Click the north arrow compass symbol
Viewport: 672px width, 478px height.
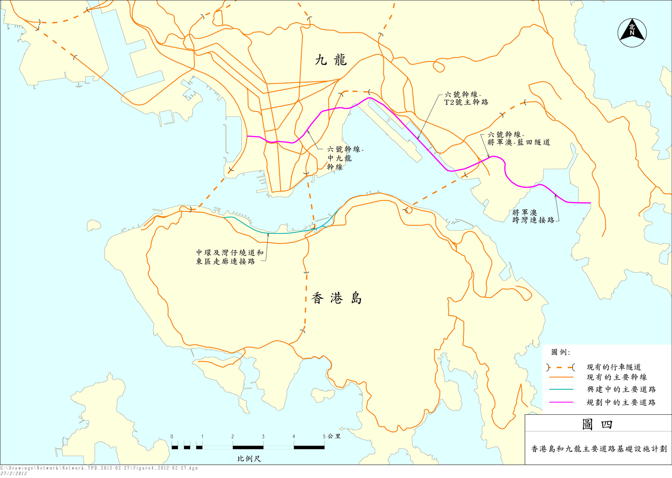coord(632,33)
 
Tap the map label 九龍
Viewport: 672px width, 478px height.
coord(331,60)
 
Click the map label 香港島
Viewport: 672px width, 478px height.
coord(337,298)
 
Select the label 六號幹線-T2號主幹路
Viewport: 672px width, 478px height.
coord(466,98)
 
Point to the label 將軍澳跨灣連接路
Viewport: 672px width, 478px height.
coord(533,216)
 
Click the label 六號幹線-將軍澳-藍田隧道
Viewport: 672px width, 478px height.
coord(518,138)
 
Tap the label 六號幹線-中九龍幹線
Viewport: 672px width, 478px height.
coord(344,158)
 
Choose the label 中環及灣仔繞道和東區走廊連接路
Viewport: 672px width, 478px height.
coord(230,257)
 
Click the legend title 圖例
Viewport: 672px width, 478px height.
coord(560,352)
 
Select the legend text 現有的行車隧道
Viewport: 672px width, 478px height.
coord(614,367)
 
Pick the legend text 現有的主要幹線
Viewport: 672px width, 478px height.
coord(617,377)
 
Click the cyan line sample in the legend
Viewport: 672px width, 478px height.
coord(561,389)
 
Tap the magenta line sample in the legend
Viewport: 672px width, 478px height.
coord(561,402)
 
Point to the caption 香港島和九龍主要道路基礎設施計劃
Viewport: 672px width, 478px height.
coord(599,449)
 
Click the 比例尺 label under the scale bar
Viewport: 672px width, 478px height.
coord(249,459)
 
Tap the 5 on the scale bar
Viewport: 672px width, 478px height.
coord(324,437)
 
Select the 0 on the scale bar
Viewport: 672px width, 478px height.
coord(172,437)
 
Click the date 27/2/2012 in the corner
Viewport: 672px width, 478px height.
coord(13,473)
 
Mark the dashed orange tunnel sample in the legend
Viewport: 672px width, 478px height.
coord(560,367)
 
